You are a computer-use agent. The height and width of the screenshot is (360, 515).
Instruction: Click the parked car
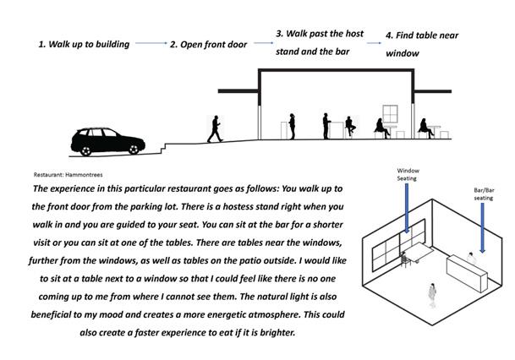(106, 141)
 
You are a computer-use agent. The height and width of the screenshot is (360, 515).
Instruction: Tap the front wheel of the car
(131, 149)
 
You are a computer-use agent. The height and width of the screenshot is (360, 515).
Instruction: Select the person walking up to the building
(215, 128)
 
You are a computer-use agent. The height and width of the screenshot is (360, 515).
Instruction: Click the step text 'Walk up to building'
(85, 44)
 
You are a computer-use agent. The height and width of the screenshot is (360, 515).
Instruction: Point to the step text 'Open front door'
(212, 44)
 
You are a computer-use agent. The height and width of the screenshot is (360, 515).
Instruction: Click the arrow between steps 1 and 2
(150, 43)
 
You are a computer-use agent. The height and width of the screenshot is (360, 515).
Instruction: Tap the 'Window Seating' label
(408, 173)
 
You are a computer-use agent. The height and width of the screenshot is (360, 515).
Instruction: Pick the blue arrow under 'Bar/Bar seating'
(481, 228)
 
